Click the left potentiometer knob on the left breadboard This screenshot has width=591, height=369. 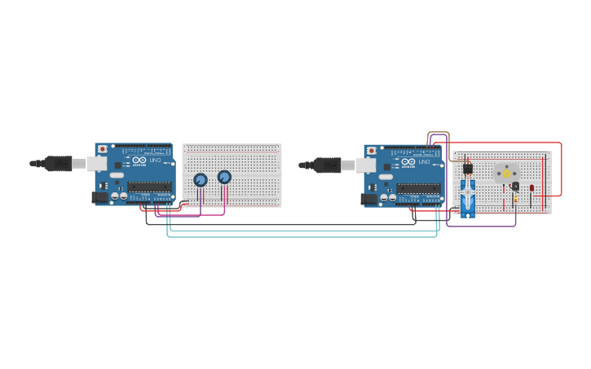(201, 180)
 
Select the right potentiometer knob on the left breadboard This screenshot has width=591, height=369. (225, 177)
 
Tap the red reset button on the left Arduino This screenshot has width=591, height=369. (102, 149)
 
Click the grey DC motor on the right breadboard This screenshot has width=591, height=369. (506, 174)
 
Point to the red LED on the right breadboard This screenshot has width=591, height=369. (531, 188)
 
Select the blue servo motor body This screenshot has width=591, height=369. (468, 198)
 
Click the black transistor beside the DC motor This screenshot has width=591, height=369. (515, 187)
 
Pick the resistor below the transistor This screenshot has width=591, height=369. (515, 200)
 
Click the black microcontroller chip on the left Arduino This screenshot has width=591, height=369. (149, 187)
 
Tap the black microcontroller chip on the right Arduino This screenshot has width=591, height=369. (418, 188)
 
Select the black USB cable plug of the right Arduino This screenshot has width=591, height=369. (328, 165)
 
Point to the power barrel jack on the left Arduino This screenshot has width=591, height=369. (100, 196)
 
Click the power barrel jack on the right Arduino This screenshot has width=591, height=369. (369, 198)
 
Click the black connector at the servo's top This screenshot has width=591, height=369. (468, 169)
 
